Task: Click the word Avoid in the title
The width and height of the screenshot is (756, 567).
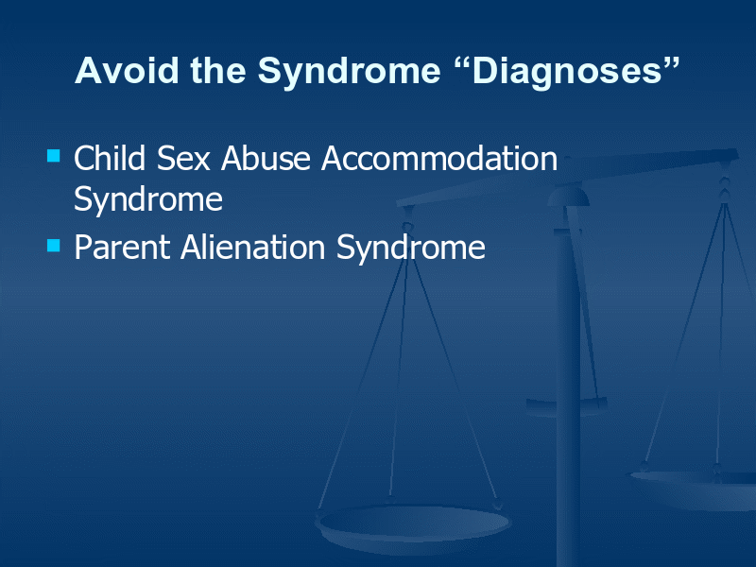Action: pyautogui.click(x=127, y=70)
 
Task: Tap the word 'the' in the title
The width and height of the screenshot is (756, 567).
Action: pyautogui.click(x=218, y=70)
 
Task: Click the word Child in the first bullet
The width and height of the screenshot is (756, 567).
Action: pyautogui.click(x=110, y=158)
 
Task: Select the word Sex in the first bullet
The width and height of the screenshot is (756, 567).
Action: pyautogui.click(x=183, y=159)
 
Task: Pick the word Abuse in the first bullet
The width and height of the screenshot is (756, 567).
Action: pyautogui.click(x=266, y=158)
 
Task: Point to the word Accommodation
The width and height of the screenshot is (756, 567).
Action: pyautogui.click(x=439, y=158)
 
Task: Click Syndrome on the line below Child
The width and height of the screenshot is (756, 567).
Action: pyautogui.click(x=148, y=199)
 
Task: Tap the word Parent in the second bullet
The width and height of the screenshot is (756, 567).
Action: pyautogui.click(x=122, y=248)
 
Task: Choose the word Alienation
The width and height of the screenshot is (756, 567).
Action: pyautogui.click(x=252, y=247)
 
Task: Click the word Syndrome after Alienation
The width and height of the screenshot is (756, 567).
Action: pyautogui.click(x=411, y=249)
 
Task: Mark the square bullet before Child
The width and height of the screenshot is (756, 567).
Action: pyautogui.click(x=54, y=155)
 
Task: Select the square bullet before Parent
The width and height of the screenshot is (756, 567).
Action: pyautogui.click(x=54, y=246)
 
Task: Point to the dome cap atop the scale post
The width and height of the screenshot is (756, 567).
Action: pyautogui.click(x=569, y=197)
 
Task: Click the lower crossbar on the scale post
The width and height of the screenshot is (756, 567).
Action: pyautogui.click(x=566, y=406)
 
